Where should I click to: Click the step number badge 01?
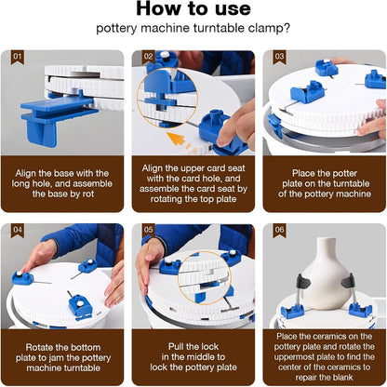(x=18, y=58)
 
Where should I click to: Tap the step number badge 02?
(x=149, y=58)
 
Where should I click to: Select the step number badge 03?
(x=279, y=58)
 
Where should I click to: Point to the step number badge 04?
(x=18, y=231)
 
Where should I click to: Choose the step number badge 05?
(x=149, y=231)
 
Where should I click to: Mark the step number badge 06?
(x=279, y=231)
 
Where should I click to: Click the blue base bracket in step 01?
(x=55, y=117)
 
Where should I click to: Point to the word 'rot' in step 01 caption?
(x=88, y=194)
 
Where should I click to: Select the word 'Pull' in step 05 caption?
(x=176, y=347)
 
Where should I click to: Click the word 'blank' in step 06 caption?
(x=340, y=378)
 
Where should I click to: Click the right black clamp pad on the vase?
(x=348, y=280)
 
